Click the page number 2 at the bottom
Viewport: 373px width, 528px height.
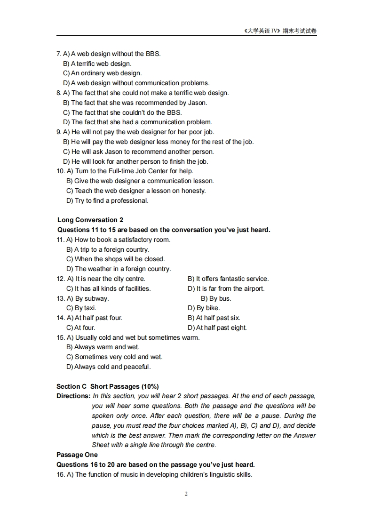point(186,494)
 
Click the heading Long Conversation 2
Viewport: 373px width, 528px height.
point(90,220)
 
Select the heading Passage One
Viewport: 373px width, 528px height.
point(77,455)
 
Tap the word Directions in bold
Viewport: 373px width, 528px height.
point(73,396)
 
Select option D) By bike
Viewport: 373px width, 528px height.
point(204,308)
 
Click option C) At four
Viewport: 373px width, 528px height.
point(81,328)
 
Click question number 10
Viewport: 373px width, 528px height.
point(61,171)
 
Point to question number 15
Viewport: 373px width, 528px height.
point(61,337)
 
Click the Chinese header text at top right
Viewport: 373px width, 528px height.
point(280,31)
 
